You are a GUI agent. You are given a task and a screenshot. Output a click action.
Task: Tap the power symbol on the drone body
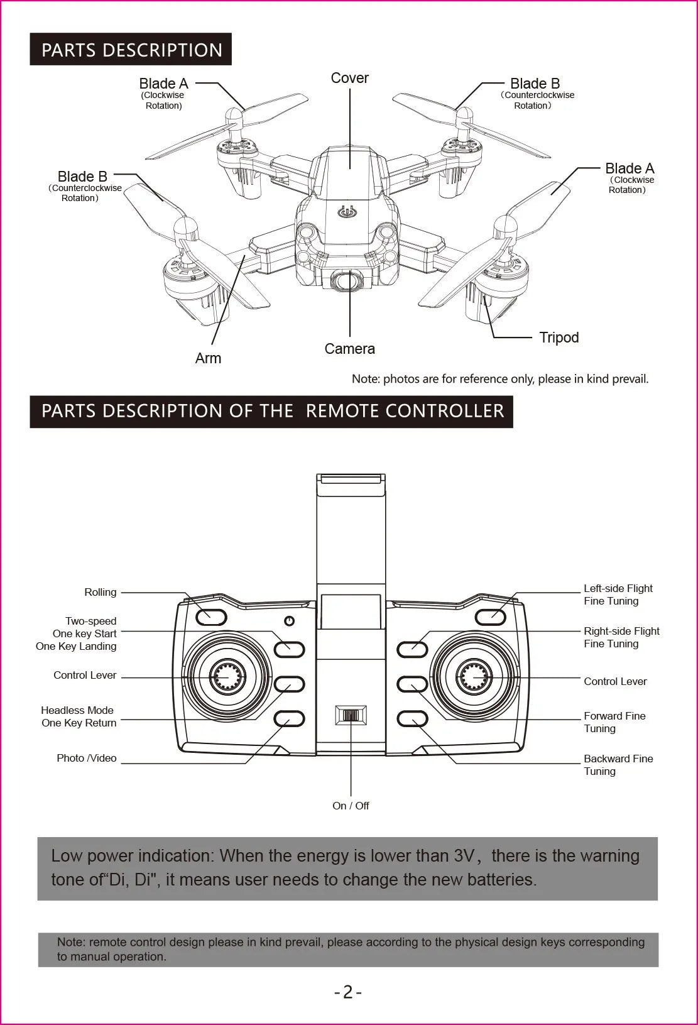click(x=347, y=212)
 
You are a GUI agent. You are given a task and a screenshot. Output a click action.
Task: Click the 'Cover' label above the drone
click(x=349, y=78)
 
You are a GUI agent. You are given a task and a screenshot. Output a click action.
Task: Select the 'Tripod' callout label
click(x=559, y=337)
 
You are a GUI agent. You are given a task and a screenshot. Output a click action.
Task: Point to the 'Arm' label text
click(x=208, y=358)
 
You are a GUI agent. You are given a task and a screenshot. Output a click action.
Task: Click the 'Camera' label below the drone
click(x=349, y=349)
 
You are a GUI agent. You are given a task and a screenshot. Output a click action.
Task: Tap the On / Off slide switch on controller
click(x=351, y=715)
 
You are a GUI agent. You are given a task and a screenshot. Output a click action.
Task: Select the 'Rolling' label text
click(x=101, y=592)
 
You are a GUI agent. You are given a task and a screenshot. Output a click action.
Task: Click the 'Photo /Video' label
click(x=87, y=758)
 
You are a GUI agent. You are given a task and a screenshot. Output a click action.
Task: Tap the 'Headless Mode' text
click(x=77, y=710)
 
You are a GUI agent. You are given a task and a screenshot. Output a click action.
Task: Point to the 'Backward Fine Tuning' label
click(x=618, y=765)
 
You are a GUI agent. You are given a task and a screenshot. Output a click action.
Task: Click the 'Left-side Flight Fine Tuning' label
click(x=618, y=595)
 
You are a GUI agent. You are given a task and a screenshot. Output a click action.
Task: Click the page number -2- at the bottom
click(x=348, y=992)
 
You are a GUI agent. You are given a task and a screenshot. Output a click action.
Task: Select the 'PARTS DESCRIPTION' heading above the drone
click(x=131, y=50)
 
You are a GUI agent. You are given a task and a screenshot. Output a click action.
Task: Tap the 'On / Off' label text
click(x=351, y=806)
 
